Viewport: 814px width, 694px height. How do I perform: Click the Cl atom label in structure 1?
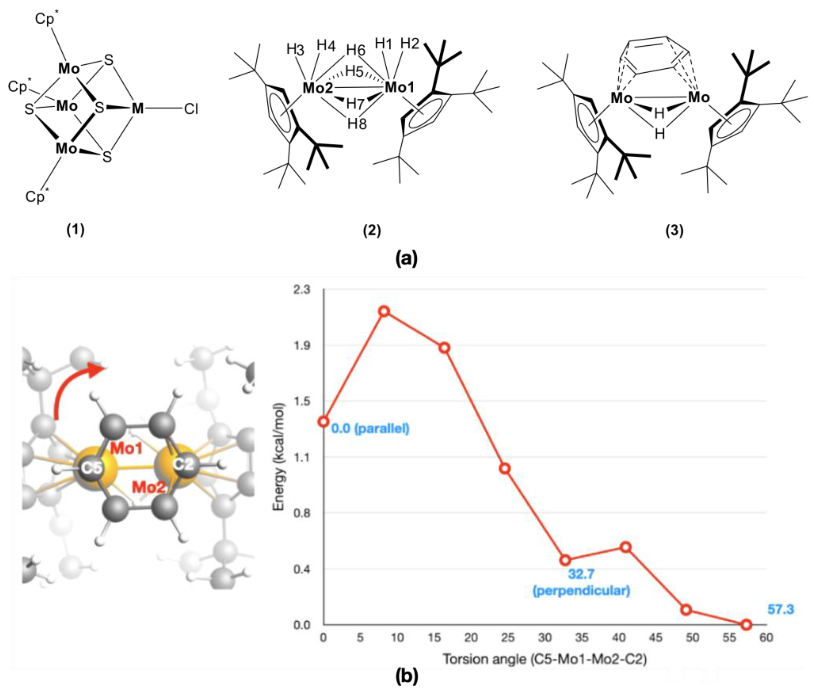pos(191,109)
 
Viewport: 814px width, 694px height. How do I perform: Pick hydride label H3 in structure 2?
pos(295,50)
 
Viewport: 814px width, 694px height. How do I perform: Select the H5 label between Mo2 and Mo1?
pos(354,72)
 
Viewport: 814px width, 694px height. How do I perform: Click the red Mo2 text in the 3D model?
pos(149,487)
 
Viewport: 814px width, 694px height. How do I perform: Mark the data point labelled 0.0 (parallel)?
pos(323,421)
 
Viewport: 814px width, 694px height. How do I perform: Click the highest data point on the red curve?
pos(384,311)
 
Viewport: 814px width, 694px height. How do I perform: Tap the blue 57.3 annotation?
pos(780,610)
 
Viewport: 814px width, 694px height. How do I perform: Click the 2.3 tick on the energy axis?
pos(302,290)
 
